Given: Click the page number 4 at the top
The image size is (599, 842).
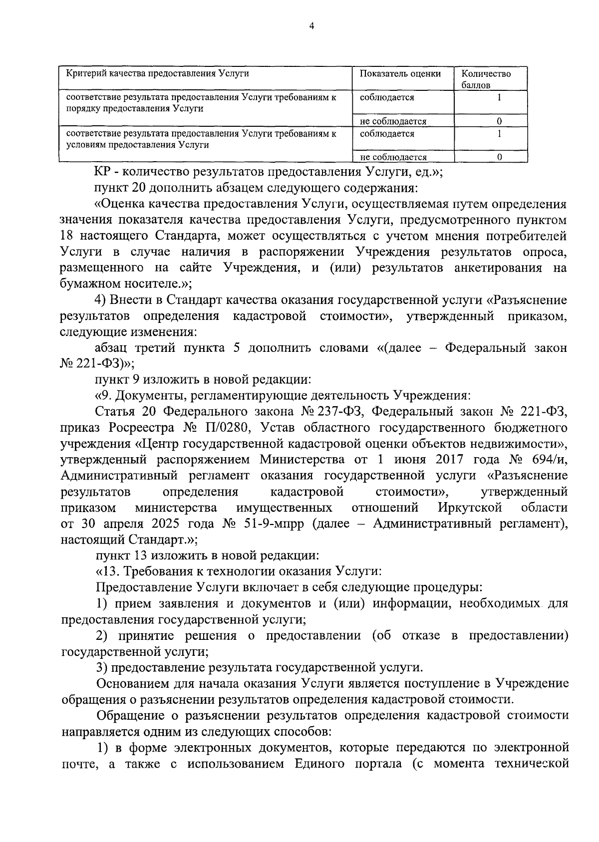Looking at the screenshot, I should pyautogui.click(x=311, y=27).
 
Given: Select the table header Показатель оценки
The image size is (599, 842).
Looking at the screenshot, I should pyautogui.click(x=400, y=74).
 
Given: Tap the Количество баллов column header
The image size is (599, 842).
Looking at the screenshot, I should pyautogui.click(x=486, y=79).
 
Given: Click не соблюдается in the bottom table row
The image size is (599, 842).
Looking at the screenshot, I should pyautogui.click(x=393, y=157).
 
